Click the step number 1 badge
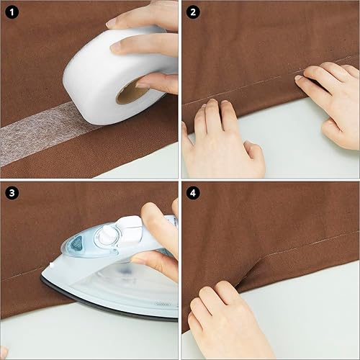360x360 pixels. click(12, 12)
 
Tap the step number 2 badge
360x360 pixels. click(193, 12)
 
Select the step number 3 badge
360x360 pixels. click(12, 193)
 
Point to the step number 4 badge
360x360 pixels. click(193, 193)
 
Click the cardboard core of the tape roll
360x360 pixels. click(131, 92)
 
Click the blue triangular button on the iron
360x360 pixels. click(76, 243)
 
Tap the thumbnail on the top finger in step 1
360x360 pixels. click(112, 23)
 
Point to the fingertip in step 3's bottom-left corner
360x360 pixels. click(4, 352)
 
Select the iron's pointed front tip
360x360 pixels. click(42, 276)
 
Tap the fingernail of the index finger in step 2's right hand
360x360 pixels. click(299, 78)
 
